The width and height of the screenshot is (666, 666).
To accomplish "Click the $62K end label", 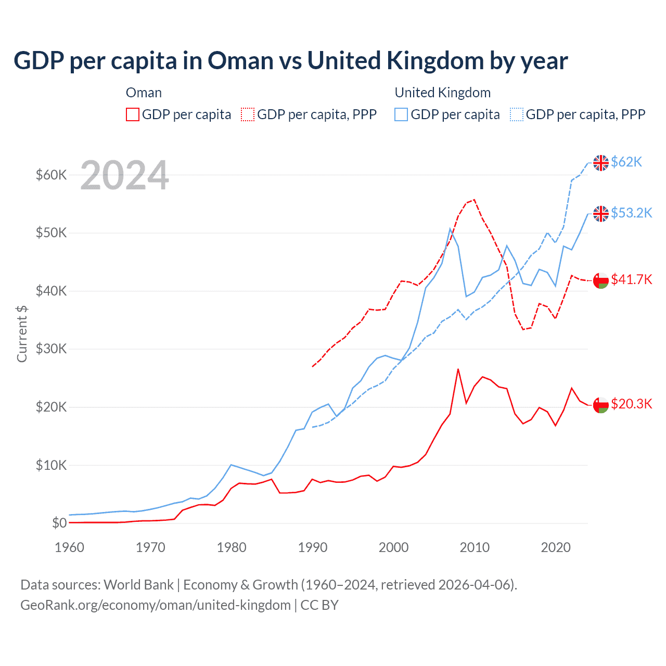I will (x=626, y=162).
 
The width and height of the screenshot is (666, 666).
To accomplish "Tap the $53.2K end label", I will (x=631, y=213).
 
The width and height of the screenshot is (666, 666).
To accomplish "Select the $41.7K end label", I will (x=631, y=280).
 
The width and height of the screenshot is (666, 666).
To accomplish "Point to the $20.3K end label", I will (x=631, y=404).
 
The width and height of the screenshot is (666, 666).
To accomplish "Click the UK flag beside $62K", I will (x=601, y=163).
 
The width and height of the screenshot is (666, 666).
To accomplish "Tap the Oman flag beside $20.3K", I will (x=601, y=404).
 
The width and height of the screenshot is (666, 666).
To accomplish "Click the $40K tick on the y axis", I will (x=51, y=291).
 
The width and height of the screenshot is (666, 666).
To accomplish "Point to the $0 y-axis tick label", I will (x=59, y=523).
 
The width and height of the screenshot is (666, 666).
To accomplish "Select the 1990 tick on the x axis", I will (x=313, y=547).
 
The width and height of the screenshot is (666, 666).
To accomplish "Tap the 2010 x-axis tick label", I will (x=475, y=547).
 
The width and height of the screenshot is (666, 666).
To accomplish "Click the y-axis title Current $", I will (x=22, y=334).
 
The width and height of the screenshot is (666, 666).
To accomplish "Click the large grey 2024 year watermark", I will (x=124, y=175).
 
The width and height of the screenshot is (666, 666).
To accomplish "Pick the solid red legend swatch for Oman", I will (x=133, y=114).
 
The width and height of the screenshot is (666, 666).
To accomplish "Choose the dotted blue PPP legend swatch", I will (x=517, y=114).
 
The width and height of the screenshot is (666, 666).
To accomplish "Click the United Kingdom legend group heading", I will (x=442, y=93).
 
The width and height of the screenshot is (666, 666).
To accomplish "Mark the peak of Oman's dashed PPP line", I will (x=474, y=200).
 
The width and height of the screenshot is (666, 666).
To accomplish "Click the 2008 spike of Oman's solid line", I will (x=458, y=369).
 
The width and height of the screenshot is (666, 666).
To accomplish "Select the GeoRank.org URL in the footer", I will (x=156, y=605).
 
